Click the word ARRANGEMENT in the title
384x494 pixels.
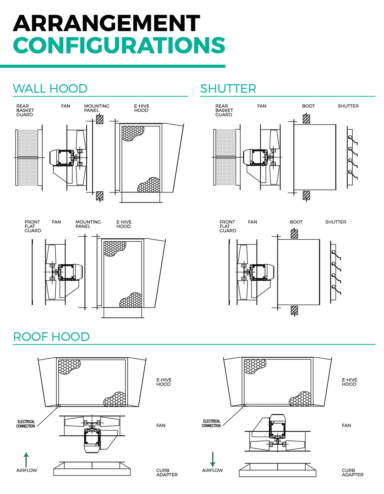pyautogui.click(x=106, y=23)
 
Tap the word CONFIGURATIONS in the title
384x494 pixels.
pyautogui.click(x=119, y=45)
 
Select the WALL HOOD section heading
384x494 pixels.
pyautogui.click(x=50, y=89)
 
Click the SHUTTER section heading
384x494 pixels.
pyautogui.click(x=228, y=89)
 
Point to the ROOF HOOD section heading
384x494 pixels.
pyautogui.click(x=51, y=337)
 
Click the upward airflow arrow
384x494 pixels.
pyautogui.click(x=26, y=460)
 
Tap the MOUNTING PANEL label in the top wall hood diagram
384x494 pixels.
pyautogui.click(x=96, y=108)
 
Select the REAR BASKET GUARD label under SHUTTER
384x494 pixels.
pyautogui.click(x=224, y=110)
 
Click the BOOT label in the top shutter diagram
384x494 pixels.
pyautogui.click(x=308, y=106)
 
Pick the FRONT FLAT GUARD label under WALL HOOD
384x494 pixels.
pyautogui.click(x=33, y=226)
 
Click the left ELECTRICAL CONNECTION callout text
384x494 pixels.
pyautogui.click(x=26, y=424)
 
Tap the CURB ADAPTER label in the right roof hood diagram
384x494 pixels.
pyautogui.click(x=352, y=472)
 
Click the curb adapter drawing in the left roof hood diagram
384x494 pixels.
pyautogui.click(x=92, y=469)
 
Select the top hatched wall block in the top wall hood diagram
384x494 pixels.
pyautogui.click(x=100, y=119)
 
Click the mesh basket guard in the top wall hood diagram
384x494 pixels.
pyautogui.click(x=27, y=158)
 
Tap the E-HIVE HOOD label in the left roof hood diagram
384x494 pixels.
pyautogui.click(x=164, y=382)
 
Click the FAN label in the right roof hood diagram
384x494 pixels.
pyautogui.click(x=346, y=425)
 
